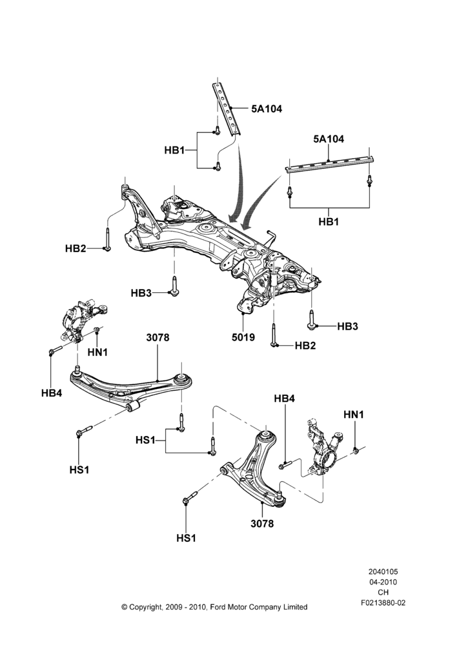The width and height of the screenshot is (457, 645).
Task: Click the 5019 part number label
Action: [x=243, y=338]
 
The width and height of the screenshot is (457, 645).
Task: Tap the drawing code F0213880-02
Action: [x=383, y=603]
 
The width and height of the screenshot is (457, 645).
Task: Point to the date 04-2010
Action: [x=383, y=582]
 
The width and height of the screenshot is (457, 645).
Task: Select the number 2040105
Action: [x=383, y=571]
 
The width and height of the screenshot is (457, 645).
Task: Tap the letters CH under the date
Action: [x=383, y=593]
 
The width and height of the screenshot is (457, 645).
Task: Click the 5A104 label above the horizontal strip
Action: [x=329, y=139]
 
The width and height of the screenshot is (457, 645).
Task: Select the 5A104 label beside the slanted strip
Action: [x=267, y=109]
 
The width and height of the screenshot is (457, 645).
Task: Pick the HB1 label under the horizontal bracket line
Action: [x=329, y=222]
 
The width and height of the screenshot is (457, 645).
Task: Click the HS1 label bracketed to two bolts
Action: [x=145, y=440]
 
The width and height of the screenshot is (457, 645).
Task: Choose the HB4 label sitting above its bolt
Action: [x=285, y=399]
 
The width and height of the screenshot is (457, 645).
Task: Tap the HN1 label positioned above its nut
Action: [x=354, y=415]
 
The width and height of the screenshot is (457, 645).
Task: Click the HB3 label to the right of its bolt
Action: [x=347, y=326]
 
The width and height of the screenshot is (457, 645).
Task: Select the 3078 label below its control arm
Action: [x=262, y=524]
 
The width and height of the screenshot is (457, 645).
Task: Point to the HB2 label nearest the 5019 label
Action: [x=305, y=346]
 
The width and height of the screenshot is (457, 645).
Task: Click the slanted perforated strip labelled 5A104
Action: [x=227, y=108]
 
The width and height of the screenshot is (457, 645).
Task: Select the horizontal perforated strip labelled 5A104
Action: [x=329, y=163]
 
